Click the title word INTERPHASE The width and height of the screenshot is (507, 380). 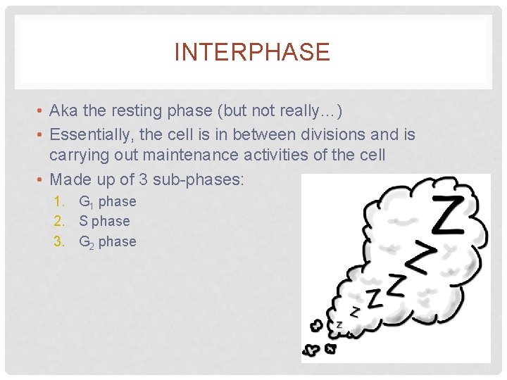pos(252,53)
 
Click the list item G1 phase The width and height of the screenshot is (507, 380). pos(107,202)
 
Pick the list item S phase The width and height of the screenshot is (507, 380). pos(104,221)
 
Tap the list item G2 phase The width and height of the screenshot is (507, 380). pos(107,242)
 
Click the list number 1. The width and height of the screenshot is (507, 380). pos(58,202)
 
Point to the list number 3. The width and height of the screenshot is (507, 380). pos(58,242)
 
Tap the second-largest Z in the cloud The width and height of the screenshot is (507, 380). pos(418,258)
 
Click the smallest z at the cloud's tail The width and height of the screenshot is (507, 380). pos(339,324)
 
